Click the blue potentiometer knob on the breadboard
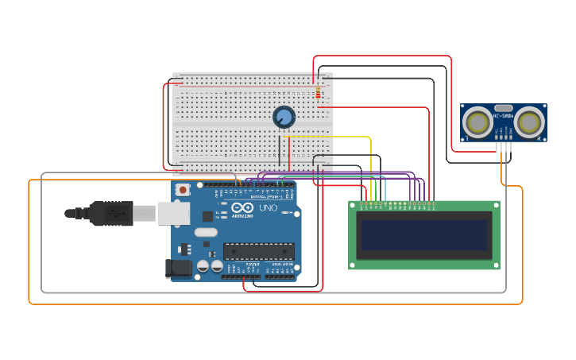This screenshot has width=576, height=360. [x=284, y=117]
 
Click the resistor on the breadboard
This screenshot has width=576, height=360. [x=318, y=94]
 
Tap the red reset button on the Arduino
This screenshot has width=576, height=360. [x=184, y=190]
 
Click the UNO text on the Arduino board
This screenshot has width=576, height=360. [x=268, y=208]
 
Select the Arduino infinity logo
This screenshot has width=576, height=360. [x=242, y=207]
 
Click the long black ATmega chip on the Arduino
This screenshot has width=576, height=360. [x=258, y=251]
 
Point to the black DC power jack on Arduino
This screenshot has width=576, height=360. [x=180, y=269]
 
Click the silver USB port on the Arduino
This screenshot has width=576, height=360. [x=172, y=213]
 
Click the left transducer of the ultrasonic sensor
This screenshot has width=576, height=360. [x=477, y=122]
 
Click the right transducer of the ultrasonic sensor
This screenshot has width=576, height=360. [x=528, y=122]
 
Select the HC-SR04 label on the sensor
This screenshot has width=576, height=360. [x=504, y=116]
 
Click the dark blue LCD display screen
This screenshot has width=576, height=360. [x=423, y=235]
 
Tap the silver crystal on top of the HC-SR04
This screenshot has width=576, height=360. [x=503, y=107]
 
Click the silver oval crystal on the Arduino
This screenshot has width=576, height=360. [x=205, y=233]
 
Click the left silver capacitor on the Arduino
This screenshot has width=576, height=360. [x=203, y=265]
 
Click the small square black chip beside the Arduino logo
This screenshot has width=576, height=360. [x=207, y=215]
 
